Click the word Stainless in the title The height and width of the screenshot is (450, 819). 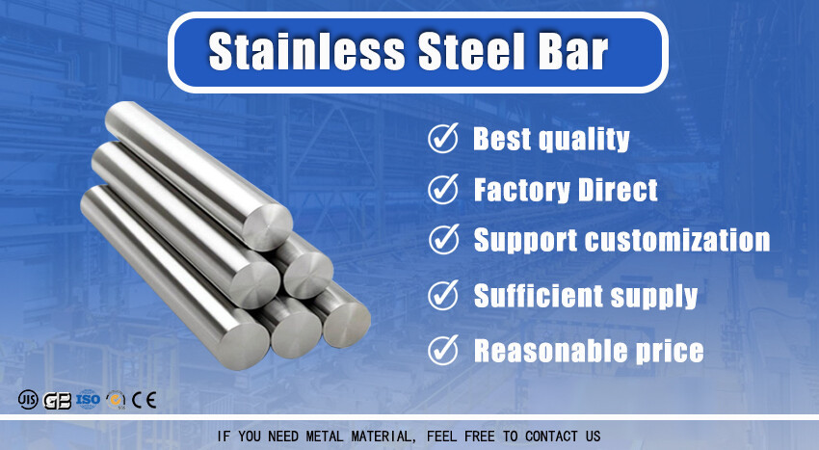tap(306, 51)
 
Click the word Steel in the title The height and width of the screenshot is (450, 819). tap(472, 51)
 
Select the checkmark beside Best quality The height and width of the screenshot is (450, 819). tap(443, 138)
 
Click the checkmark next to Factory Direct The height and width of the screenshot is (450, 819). tap(443, 189)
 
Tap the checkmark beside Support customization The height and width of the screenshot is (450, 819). tap(443, 239)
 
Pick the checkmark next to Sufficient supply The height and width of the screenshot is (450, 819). tap(443, 295)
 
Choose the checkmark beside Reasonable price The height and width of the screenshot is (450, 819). tap(443, 350)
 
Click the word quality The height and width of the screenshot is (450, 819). tap(584, 140)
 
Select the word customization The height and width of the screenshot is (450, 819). tap(677, 240)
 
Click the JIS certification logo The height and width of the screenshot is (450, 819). tap(28, 400)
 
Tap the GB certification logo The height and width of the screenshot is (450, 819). tap(57, 401)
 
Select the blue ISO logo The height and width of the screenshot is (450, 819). tap(88, 400)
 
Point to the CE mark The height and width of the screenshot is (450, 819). tap(144, 400)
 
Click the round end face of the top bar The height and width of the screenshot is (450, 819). tap(268, 227)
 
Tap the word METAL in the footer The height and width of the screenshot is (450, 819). tap(325, 436)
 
